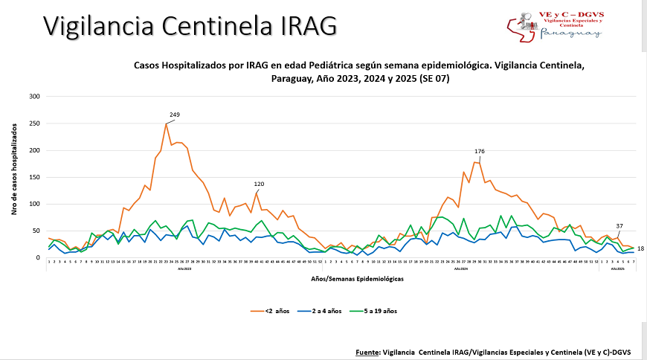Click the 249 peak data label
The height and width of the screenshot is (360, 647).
coord(175,115)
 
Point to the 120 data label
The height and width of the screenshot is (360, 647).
coord(259,184)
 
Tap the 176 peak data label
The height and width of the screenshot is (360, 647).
coord(480,152)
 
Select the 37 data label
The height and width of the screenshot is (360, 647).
coord(619,226)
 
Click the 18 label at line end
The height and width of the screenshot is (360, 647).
coord(640,248)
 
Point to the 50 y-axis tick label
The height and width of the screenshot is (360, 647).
coord(36,231)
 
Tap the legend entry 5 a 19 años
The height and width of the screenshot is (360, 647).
coord(399,311)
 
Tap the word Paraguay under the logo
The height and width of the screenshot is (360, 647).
coord(570,33)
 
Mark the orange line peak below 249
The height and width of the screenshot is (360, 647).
coord(166,123)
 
